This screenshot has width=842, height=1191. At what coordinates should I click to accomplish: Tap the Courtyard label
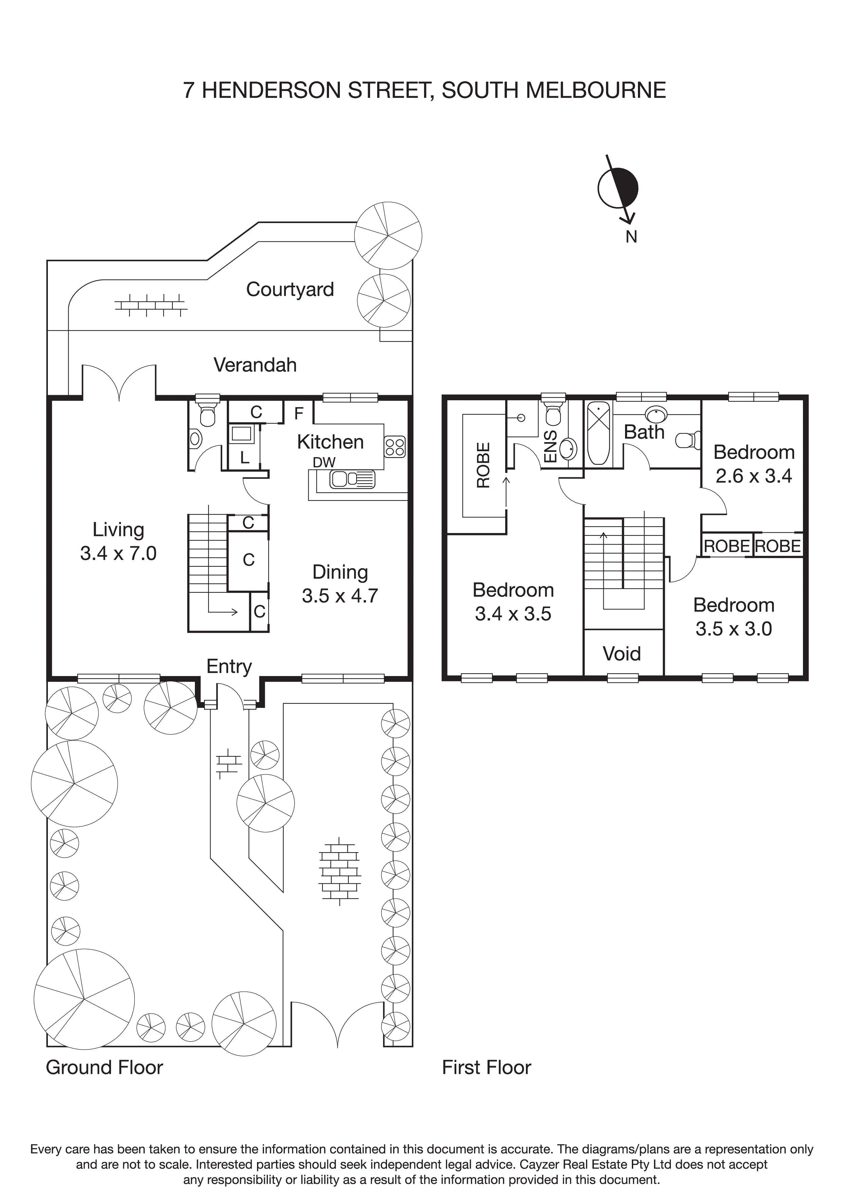coord(290,290)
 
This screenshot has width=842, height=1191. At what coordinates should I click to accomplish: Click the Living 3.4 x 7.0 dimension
coord(118,553)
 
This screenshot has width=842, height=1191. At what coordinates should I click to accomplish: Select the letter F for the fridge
coord(299,414)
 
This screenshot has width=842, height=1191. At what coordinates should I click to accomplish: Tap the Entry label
coord(229,666)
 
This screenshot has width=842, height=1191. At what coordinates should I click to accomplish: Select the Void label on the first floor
coord(622,654)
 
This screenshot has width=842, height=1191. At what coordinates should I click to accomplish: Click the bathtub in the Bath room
coord(598,433)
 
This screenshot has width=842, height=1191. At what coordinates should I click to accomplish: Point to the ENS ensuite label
coord(550,446)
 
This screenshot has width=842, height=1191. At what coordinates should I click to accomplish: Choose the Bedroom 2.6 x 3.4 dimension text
coord(753,476)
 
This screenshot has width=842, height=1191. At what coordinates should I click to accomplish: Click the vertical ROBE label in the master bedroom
coord(483,465)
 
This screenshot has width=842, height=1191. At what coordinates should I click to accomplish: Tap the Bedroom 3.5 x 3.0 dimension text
coord(734,629)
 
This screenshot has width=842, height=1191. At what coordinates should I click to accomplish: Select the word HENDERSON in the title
coord(272,90)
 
